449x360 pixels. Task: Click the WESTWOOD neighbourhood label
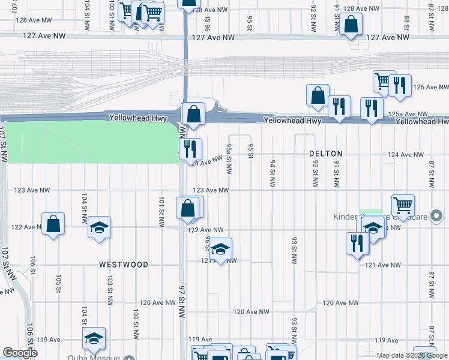click(124, 265)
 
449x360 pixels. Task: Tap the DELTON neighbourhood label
click(325, 154)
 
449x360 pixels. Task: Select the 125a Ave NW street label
click(408, 113)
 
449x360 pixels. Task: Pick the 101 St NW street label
click(161, 211)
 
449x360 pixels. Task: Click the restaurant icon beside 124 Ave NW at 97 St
click(191, 149)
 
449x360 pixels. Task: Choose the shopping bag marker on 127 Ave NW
click(351, 25)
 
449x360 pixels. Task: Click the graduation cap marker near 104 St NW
click(99, 227)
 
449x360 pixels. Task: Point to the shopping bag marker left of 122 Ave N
click(53, 224)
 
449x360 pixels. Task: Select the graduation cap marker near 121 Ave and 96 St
click(220, 250)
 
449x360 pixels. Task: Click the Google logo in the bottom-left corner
click(20, 353)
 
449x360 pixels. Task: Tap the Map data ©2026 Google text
click(412, 356)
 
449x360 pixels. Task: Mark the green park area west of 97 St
click(90, 141)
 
